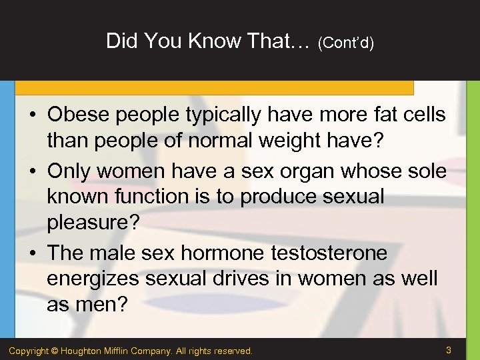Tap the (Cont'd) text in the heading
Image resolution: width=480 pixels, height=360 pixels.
click(x=345, y=43)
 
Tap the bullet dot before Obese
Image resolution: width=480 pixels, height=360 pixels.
click(x=33, y=115)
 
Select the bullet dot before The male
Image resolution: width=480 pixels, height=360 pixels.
click(x=33, y=253)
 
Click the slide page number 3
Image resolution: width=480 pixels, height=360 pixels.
click(x=449, y=349)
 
